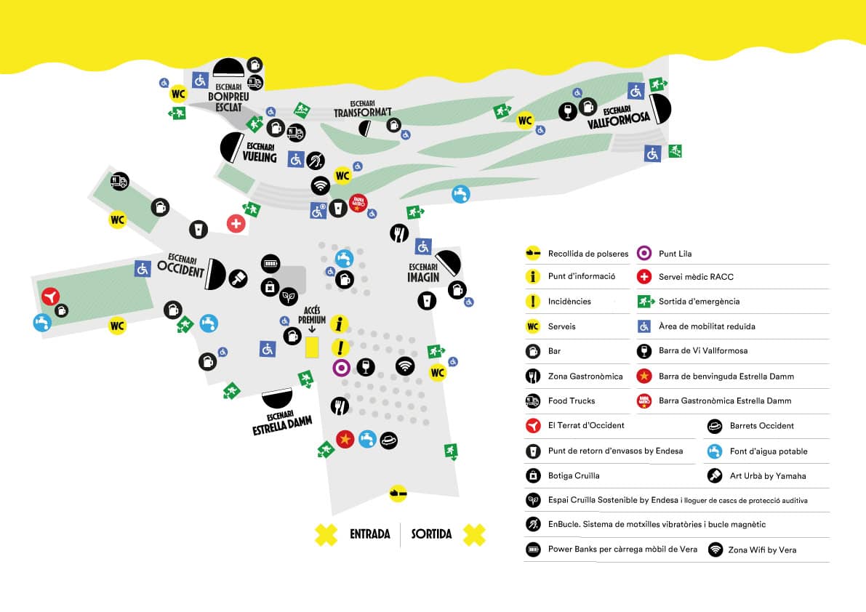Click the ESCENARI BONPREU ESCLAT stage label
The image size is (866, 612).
point(228,97)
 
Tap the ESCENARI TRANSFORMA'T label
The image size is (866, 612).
point(362,109)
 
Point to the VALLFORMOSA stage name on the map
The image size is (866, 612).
point(618,118)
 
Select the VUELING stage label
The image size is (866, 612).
point(260,153)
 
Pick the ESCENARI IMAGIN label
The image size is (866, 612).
point(424,273)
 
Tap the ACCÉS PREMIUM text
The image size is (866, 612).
point(312,315)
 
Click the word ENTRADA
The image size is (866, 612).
point(370,534)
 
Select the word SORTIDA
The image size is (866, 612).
point(431,534)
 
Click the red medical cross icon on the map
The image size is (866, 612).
point(236,223)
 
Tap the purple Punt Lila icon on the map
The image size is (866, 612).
point(341,368)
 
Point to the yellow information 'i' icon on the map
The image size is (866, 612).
point(339,323)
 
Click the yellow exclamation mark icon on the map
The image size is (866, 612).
point(340,347)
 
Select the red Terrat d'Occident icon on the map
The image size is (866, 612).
point(50,297)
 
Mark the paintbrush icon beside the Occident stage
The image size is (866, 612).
point(238,278)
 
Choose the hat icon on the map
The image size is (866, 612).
point(389,440)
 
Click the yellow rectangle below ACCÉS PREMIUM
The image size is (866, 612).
point(312,347)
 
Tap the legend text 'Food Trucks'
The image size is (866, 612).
point(572,400)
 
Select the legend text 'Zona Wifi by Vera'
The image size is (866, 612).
point(762,549)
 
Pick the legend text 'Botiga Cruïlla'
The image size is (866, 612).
point(574,475)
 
